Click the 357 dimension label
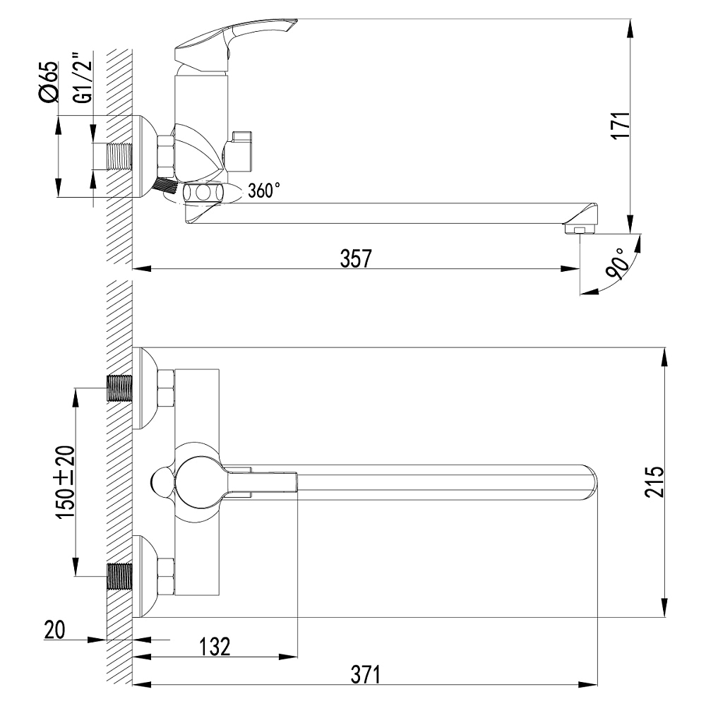click(356, 258)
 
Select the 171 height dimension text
click(621, 126)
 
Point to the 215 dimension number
click(654, 481)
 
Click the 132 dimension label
click(215, 647)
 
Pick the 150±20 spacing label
click(65, 481)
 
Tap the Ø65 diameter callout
click(49, 81)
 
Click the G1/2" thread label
click(83, 78)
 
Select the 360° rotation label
click(264, 191)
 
